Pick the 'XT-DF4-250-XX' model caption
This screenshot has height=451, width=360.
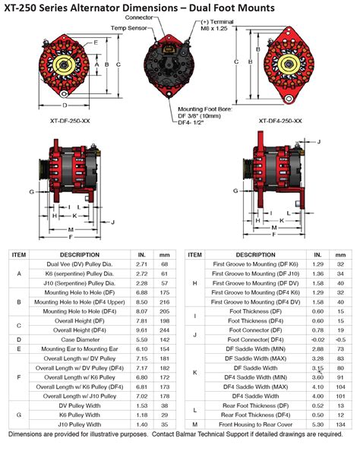tap(280, 121)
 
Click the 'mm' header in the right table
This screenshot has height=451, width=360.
tap(341, 255)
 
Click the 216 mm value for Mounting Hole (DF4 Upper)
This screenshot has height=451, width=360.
tap(163, 301)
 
